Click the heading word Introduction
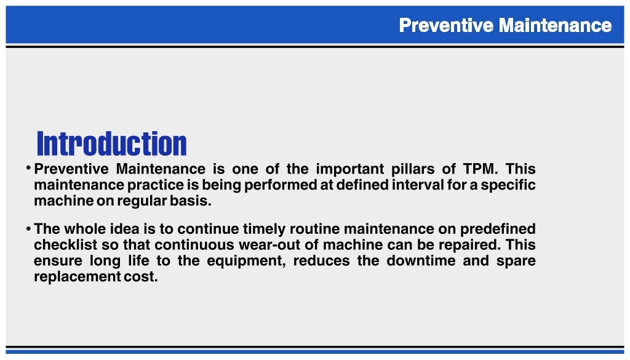click(x=111, y=144)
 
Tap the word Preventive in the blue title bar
click(x=446, y=25)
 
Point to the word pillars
click(x=415, y=169)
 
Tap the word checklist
click(x=61, y=245)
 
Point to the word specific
click(x=509, y=185)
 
